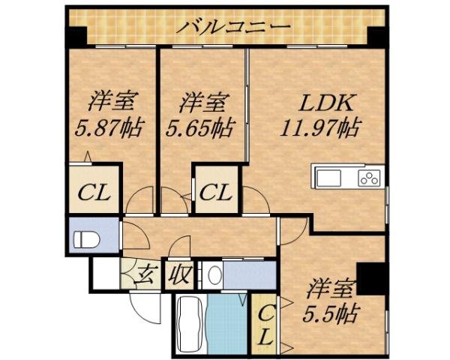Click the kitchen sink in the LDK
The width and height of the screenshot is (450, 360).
pos(328,178)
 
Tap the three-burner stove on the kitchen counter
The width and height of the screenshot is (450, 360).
pos(370,178)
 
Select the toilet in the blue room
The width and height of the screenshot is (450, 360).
pos(87,240)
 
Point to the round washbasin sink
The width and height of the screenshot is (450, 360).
pos(212,275)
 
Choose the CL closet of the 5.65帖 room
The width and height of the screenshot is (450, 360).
pos(216,191)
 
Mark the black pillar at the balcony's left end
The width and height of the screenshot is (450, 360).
pos(76,35)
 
